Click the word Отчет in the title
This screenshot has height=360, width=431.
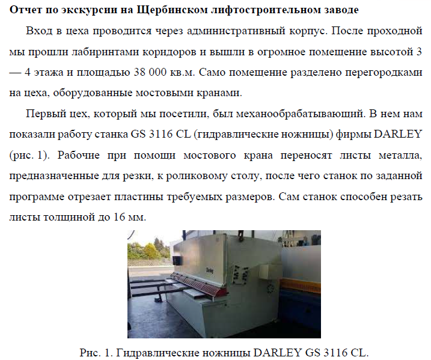point(25,10)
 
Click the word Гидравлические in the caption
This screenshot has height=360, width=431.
point(153,352)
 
